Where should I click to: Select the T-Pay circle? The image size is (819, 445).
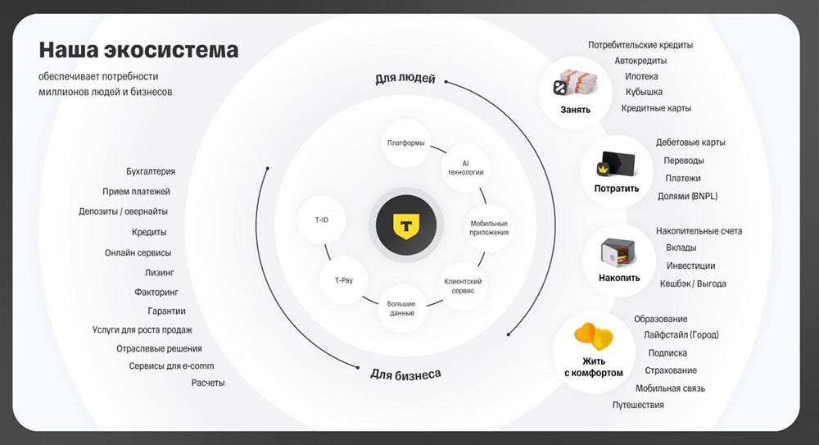[x=343, y=279]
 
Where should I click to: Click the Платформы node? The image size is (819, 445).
[x=405, y=143]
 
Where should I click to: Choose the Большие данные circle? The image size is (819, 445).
[x=401, y=307]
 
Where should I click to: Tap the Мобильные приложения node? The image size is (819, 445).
[x=490, y=227]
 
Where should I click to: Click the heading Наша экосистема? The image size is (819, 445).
[x=138, y=51]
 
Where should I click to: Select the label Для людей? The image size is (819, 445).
[x=405, y=79]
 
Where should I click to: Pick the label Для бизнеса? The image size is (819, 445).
[x=405, y=374]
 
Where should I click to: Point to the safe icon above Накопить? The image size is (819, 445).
[x=618, y=252]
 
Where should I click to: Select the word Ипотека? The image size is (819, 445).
[x=641, y=76]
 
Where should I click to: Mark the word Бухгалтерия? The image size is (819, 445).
[x=151, y=172]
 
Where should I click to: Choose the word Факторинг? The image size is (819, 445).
[x=156, y=292]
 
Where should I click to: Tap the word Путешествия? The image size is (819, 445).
[x=638, y=405]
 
